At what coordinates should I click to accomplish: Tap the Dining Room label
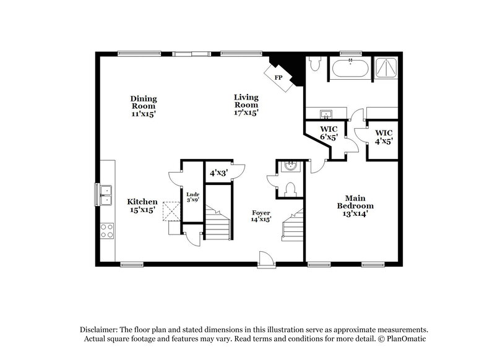(x=144, y=106)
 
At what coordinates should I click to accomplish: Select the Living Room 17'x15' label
(x=246, y=105)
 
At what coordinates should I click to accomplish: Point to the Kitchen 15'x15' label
(x=142, y=206)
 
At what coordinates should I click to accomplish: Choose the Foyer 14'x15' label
(x=261, y=215)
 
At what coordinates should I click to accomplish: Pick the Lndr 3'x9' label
(x=192, y=197)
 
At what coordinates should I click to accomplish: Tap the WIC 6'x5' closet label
(x=328, y=133)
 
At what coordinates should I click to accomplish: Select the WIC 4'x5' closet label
(x=384, y=137)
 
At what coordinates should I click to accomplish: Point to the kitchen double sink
(x=105, y=194)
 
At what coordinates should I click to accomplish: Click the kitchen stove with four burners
(x=106, y=231)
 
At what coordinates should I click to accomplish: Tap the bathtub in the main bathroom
(x=351, y=67)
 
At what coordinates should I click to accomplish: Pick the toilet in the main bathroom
(x=314, y=64)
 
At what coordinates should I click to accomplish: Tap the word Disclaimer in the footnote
(x=100, y=330)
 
